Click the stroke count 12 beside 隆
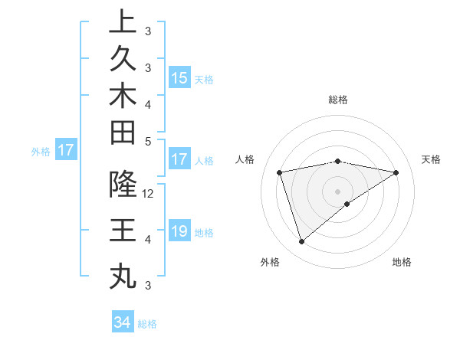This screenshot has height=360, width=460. (148, 194)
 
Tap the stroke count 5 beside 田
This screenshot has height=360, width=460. (148, 141)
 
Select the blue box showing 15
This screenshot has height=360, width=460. (179, 77)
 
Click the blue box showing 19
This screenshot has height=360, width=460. (179, 231)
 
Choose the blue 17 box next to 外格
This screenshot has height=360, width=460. (66, 150)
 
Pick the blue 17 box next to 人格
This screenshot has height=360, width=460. (179, 159)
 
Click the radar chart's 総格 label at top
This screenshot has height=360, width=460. (337, 100)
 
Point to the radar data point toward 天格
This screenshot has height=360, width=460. (396, 172)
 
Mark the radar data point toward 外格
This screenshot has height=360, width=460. (301, 242)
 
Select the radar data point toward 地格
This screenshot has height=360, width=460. (347, 204)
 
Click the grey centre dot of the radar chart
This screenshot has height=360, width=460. (337, 191)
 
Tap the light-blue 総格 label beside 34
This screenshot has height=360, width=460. (148, 324)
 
